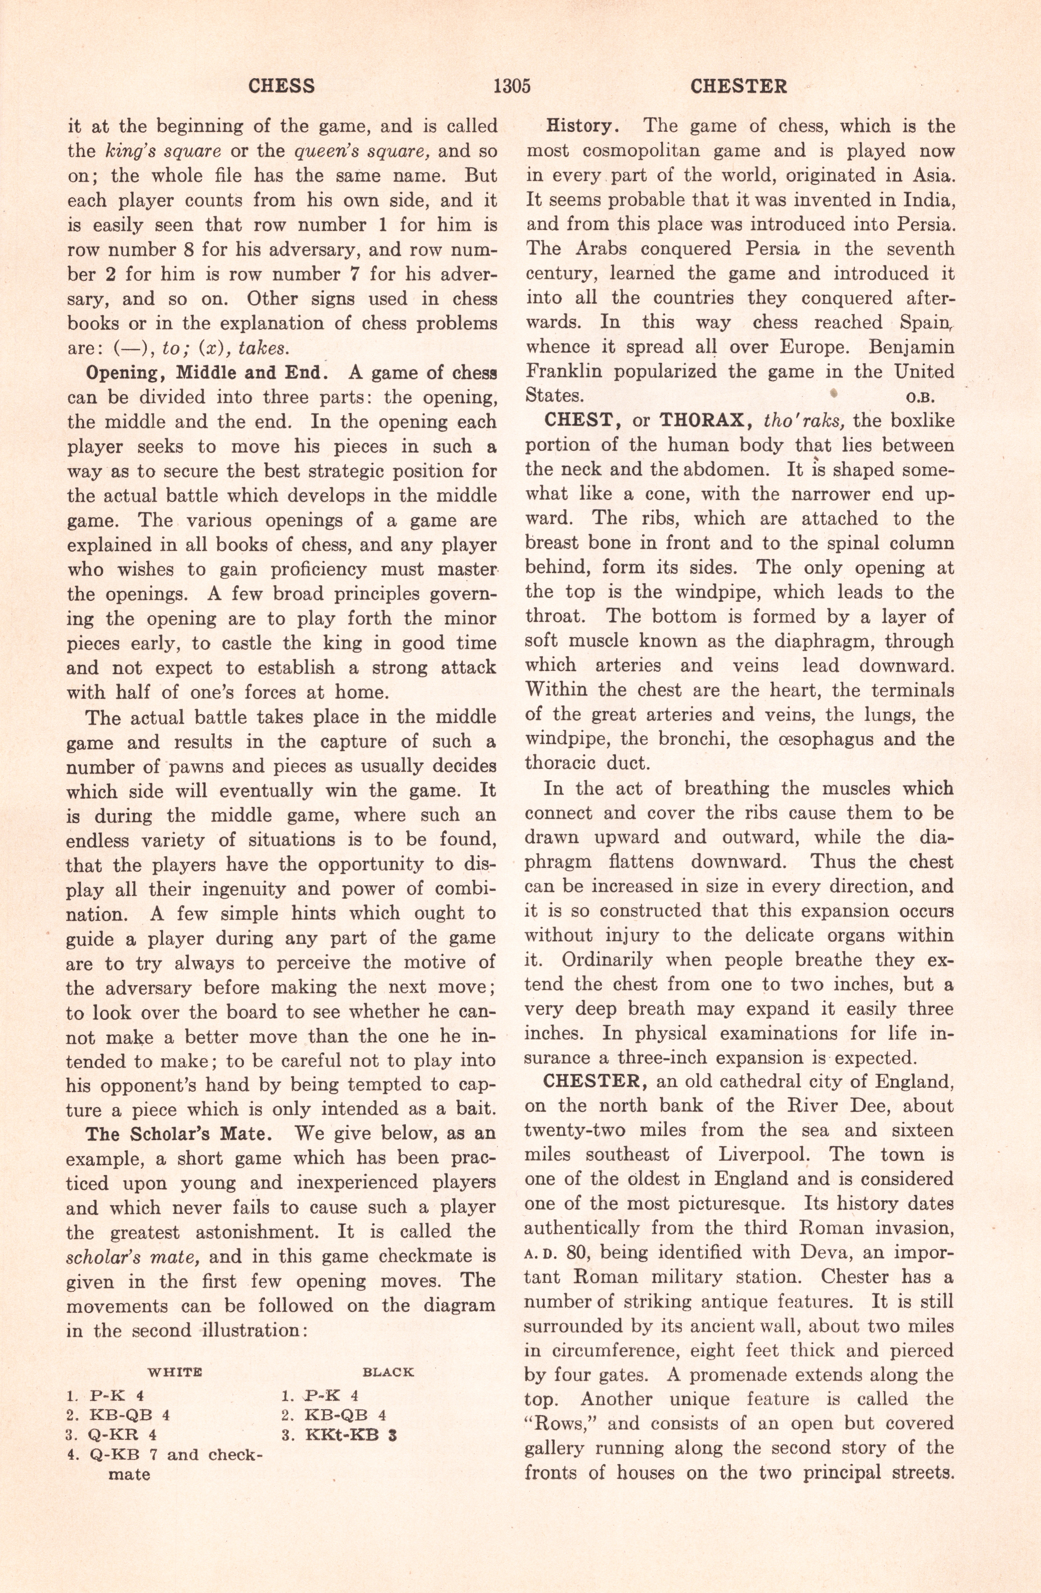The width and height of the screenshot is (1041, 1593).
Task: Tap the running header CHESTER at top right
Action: (x=738, y=86)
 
